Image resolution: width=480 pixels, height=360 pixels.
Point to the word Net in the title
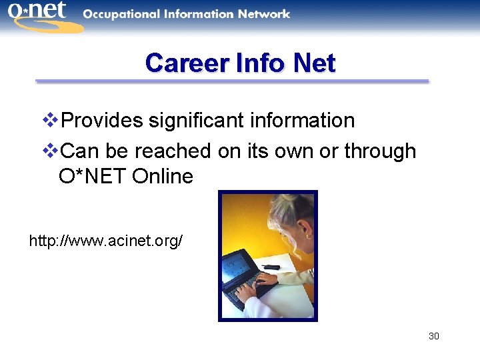pyautogui.click(x=314, y=63)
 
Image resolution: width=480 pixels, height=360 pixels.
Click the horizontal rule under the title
pyautogui.click(x=232, y=81)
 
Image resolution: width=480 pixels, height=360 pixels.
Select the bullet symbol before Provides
pyautogui.click(x=51, y=121)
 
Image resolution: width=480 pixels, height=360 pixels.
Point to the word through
pyautogui.click(x=380, y=151)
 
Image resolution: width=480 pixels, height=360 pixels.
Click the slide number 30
pyautogui.click(x=433, y=336)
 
